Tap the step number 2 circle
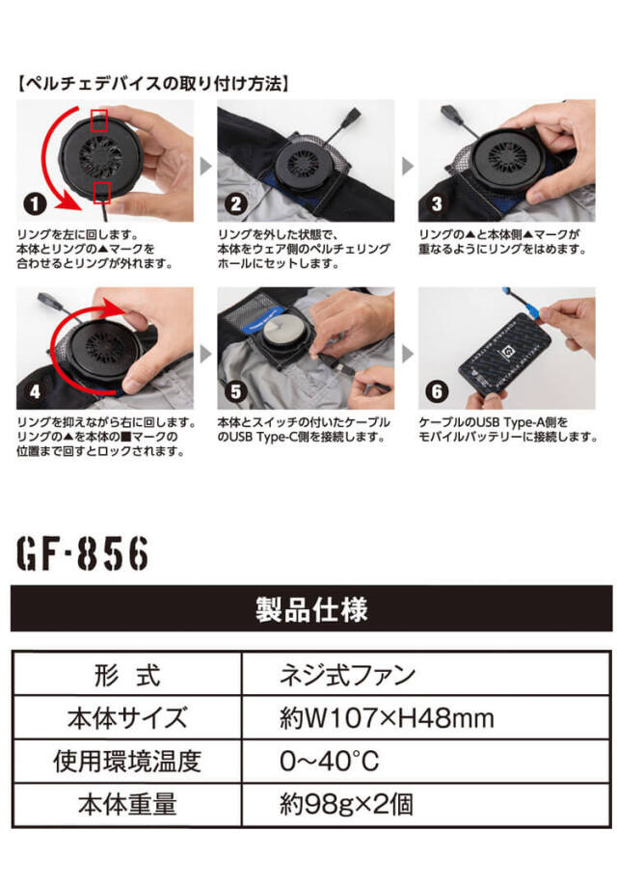(x=235, y=205)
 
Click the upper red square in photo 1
(x=99, y=121)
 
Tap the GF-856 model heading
(x=81, y=553)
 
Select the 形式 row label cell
(x=127, y=675)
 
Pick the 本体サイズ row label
(x=127, y=718)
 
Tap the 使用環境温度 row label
(x=127, y=762)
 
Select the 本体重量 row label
(x=127, y=804)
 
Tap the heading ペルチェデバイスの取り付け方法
(x=154, y=84)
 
